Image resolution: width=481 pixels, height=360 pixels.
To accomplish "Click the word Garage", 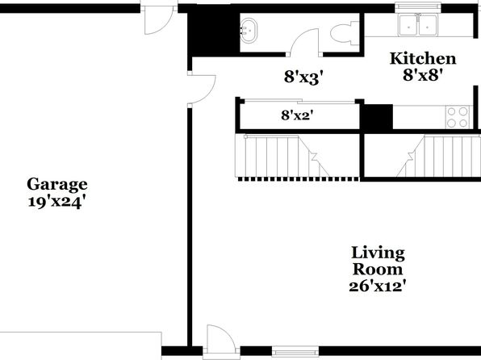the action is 57,185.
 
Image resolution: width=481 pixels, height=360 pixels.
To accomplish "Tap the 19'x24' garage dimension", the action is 56,203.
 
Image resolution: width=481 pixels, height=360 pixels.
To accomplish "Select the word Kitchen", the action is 423,59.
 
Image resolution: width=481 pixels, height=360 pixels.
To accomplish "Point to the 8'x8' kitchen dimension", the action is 424,75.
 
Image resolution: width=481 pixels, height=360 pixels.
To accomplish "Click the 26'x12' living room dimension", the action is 378,287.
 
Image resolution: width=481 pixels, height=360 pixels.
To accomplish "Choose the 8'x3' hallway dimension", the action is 304,77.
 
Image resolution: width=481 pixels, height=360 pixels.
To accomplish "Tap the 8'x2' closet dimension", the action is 299,115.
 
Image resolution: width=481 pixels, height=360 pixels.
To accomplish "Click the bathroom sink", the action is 249,31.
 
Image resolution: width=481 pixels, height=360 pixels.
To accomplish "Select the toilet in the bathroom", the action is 345,33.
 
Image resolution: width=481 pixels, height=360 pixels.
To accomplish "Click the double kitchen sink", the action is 418,25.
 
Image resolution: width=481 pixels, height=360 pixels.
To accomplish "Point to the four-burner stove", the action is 458,117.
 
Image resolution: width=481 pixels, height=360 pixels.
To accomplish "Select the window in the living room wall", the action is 295,351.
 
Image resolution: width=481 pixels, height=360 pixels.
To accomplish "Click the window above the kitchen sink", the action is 418,7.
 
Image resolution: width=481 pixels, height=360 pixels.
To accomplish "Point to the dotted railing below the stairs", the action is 298,179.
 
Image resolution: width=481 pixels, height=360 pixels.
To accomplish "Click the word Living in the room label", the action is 378,253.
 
